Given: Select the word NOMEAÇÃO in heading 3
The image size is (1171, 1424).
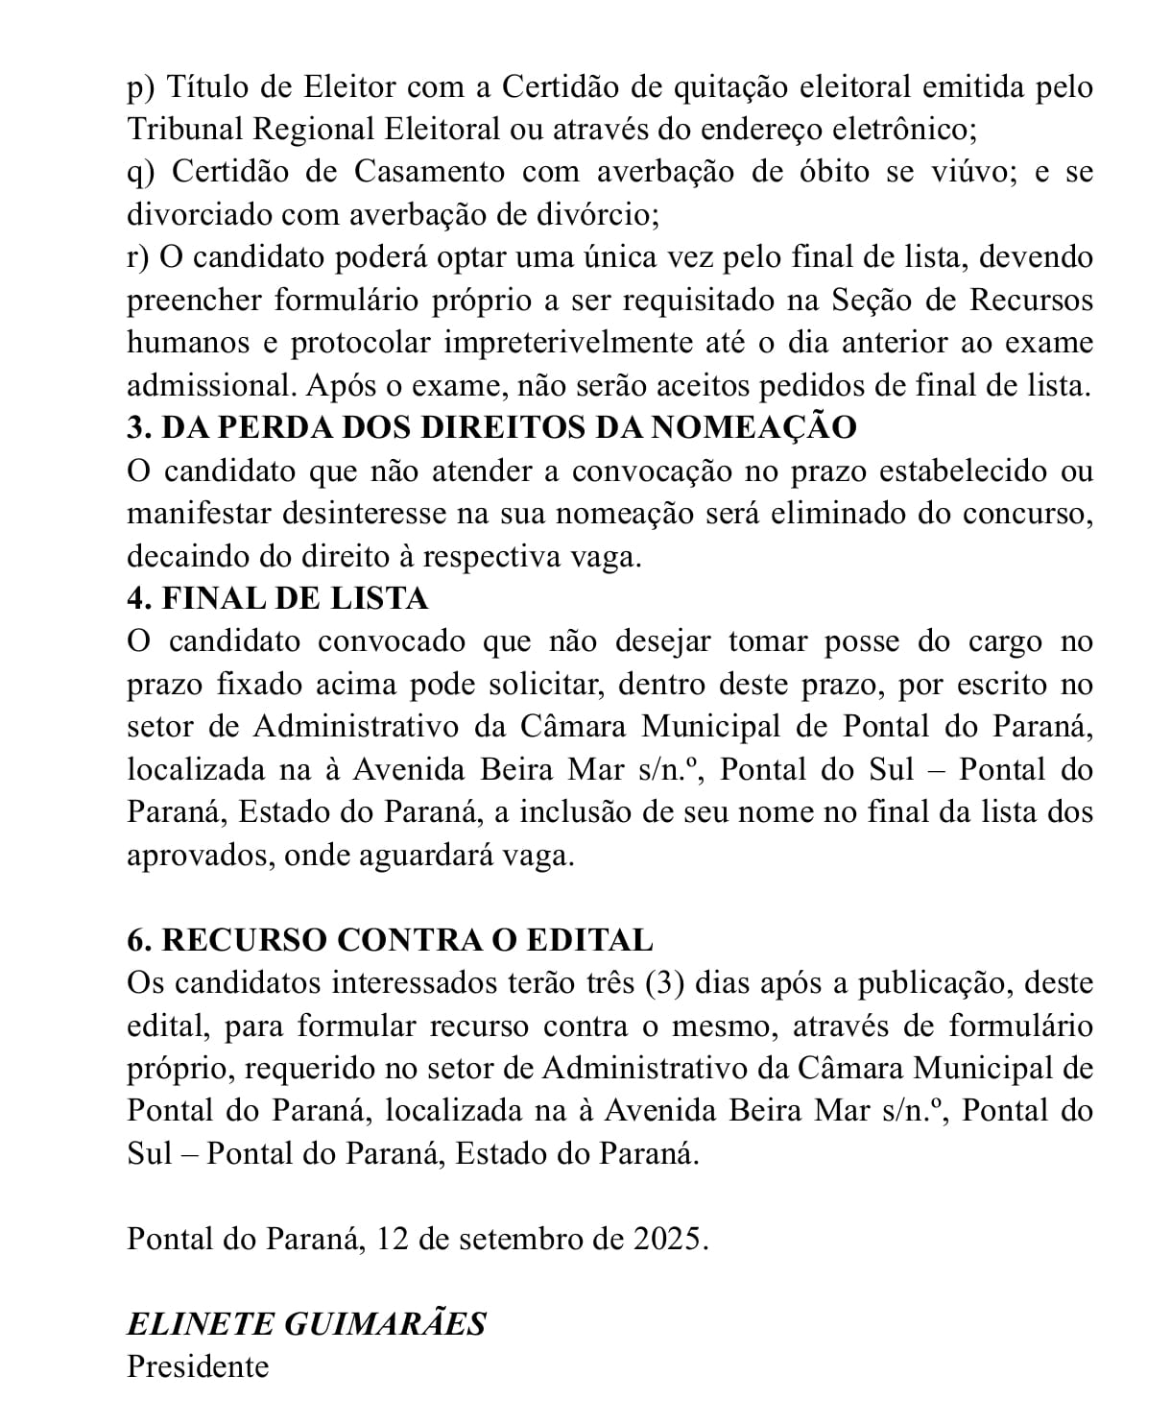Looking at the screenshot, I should coord(753,427).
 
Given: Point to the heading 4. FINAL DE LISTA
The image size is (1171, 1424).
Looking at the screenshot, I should coord(277,598).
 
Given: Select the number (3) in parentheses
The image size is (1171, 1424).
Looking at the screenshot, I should coord(663,983).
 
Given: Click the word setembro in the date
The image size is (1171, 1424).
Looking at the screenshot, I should coord(520,1239).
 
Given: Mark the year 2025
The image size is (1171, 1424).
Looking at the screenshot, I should coord(670,1239).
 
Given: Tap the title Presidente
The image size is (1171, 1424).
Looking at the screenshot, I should coord(198,1365).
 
